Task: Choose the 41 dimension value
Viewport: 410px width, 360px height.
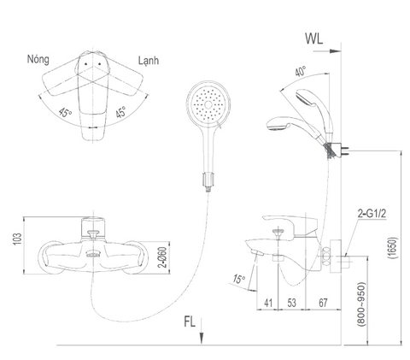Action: click(x=268, y=301)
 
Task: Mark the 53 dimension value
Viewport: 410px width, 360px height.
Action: click(x=292, y=301)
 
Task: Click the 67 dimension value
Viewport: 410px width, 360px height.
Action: click(x=323, y=301)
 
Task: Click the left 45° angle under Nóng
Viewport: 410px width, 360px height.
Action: click(x=61, y=111)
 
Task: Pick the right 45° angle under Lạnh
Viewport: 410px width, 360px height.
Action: click(x=121, y=111)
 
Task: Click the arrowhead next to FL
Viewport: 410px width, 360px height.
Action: click(x=202, y=338)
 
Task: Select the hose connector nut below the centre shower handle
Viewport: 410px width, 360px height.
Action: click(x=205, y=180)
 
